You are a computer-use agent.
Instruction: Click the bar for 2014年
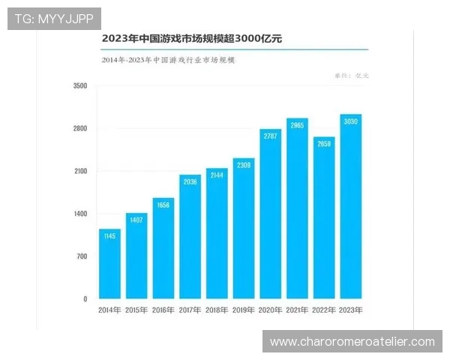click(109, 264)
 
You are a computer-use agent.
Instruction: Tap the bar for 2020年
click(270, 214)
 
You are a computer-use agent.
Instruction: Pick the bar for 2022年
click(324, 218)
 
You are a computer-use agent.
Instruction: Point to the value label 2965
click(297, 125)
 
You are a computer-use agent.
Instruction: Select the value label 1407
click(136, 220)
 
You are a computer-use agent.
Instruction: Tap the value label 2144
click(217, 175)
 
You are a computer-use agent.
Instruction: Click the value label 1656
click(163, 205)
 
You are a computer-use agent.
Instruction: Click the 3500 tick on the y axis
click(80, 86)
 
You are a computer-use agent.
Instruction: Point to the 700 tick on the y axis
click(82, 256)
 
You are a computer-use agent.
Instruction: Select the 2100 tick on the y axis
click(80, 172)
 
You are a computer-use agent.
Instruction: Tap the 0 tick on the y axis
click(85, 299)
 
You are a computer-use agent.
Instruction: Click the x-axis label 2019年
click(244, 310)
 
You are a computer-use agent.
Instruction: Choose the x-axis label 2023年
click(351, 310)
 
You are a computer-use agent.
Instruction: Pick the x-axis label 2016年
click(163, 310)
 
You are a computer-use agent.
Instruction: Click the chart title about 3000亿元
click(187, 37)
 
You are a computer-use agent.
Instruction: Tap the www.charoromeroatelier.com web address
click(352, 342)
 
